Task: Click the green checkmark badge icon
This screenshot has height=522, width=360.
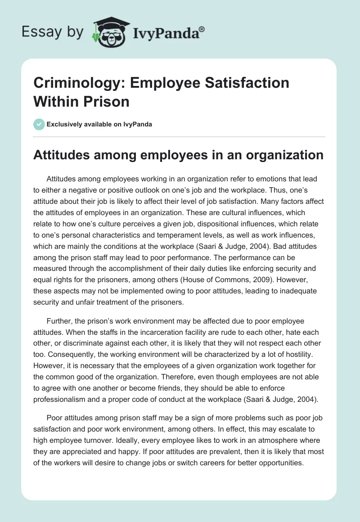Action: tap(39, 124)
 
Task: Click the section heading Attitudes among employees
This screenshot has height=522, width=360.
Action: tap(179, 155)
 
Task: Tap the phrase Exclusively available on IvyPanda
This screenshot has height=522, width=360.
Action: tap(99, 124)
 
